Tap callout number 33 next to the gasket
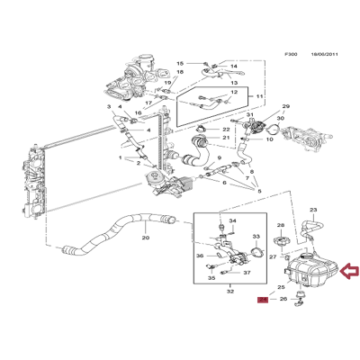256,237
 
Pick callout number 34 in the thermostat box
232,220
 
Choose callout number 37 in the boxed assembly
247,273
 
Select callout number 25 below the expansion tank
280,287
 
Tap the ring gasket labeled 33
256,256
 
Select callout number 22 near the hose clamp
226,130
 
